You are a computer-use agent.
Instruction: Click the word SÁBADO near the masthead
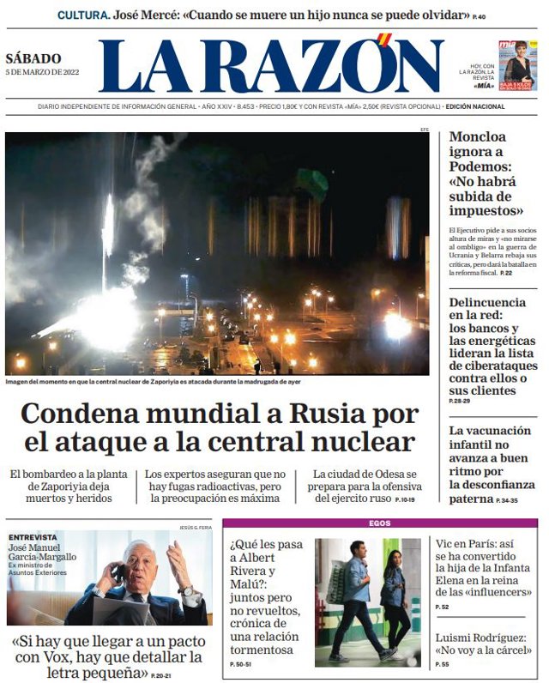33,59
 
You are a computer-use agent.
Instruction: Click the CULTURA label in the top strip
83,15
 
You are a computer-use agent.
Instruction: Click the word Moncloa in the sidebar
478,136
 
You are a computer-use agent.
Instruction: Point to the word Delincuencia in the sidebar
487,302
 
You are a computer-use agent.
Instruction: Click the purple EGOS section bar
380,523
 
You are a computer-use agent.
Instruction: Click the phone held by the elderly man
119,572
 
